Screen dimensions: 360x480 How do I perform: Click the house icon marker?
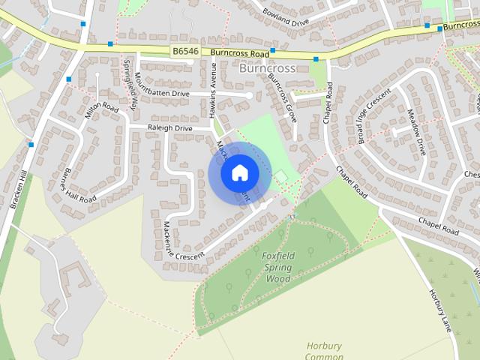[239, 172]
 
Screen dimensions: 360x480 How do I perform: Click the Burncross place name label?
[268, 68]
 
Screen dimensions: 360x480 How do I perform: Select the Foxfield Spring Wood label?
[279, 267]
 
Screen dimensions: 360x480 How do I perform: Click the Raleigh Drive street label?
[169, 129]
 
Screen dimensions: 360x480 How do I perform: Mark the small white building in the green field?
[280, 176]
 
